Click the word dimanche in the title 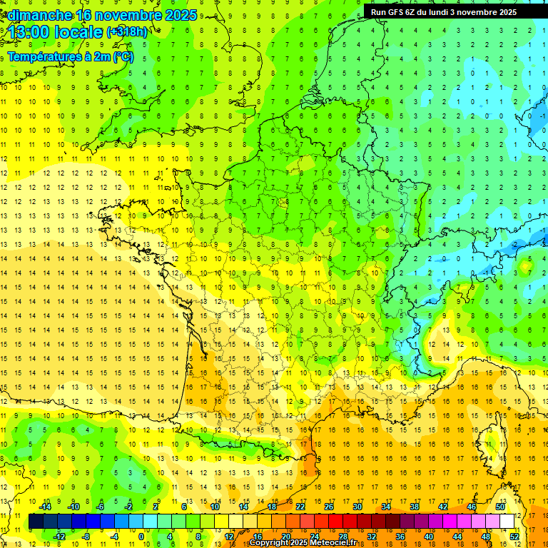point(40,15)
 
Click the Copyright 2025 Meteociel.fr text point(303,543)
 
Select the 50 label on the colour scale point(500,507)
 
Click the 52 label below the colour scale point(514,537)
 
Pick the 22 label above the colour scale point(300,507)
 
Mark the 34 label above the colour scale point(386,507)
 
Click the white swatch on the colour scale point(507,522)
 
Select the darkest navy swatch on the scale point(36,522)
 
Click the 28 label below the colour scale point(343,537)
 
